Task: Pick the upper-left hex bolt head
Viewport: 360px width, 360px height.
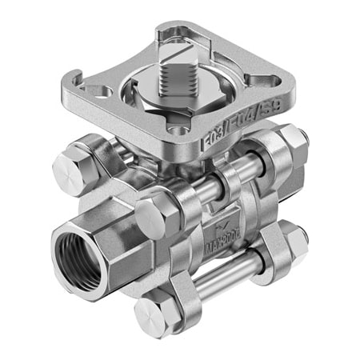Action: tap(69, 166)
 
